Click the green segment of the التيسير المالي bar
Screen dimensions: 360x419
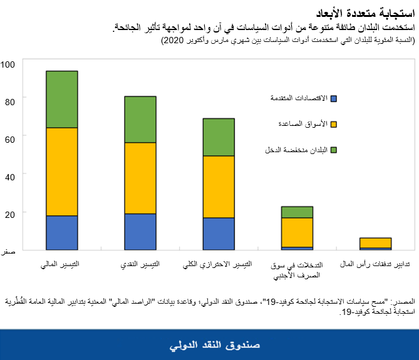[62, 100]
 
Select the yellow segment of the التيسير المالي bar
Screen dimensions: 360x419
[62, 172]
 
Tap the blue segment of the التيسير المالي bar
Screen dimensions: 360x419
[62, 232]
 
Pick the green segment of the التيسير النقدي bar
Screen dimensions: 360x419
[140, 120]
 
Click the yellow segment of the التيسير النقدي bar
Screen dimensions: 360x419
[140, 178]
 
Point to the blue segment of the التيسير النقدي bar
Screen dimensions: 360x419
[140, 231]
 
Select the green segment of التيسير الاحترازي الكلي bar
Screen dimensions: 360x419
[219, 137]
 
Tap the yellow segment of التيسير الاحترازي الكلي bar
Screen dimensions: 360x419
[219, 187]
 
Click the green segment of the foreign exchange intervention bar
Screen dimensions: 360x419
[297, 212]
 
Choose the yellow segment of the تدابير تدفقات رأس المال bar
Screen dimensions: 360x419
[375, 243]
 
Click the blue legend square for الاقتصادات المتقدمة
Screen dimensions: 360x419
[333, 98]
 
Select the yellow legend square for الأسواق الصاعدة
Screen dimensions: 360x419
[333, 124]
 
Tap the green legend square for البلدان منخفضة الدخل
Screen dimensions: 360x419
[333, 150]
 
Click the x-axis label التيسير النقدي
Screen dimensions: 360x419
[140, 265]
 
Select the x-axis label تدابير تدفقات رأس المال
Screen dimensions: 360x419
[375, 265]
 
